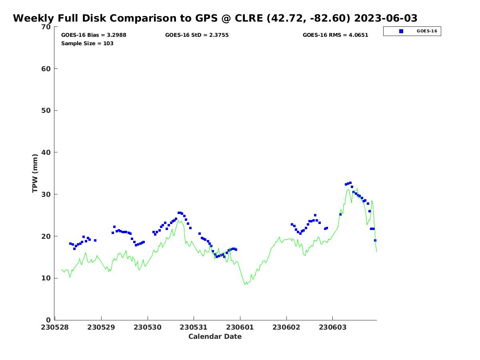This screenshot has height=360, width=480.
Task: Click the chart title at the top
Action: [215, 18]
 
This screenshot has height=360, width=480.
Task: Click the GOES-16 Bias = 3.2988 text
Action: [94, 35]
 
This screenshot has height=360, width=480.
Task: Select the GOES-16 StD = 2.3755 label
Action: [197, 35]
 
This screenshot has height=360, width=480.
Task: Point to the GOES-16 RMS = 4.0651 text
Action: [335, 35]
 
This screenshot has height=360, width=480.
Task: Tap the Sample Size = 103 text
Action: [87, 44]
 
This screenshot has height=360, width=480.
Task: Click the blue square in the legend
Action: [401, 31]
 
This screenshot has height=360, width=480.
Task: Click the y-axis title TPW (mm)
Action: [35, 173]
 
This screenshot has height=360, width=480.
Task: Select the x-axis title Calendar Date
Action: [215, 337]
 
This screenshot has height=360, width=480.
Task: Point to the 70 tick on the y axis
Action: [46, 27]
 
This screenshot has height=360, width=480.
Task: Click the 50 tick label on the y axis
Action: [46, 111]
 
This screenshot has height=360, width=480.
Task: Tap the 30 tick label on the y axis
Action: [46, 194]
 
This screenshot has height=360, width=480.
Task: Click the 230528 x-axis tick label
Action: [55, 328]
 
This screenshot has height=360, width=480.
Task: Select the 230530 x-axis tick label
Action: [148, 328]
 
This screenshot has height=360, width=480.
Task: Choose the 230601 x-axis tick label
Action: [240, 328]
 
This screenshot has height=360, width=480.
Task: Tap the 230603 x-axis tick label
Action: [332, 328]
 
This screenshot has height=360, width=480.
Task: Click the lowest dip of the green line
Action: [245, 284]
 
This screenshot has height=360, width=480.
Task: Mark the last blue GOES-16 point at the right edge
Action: [375, 240]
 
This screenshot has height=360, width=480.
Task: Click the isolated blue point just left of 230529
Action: [95, 240]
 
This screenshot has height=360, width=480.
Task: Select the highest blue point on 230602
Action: [315, 215]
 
